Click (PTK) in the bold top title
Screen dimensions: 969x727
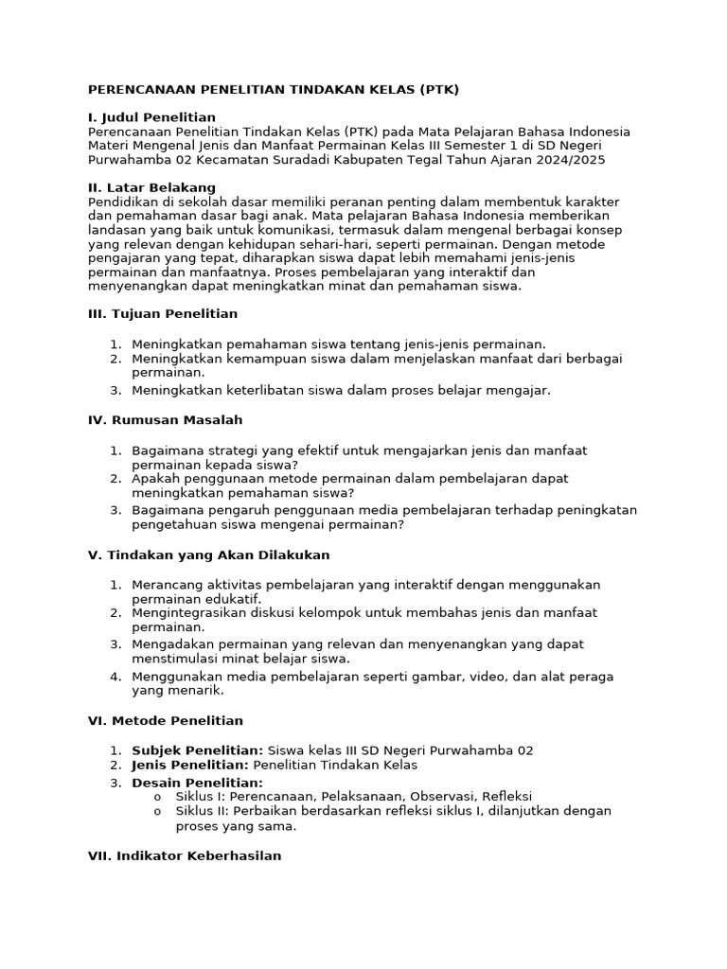click(x=438, y=90)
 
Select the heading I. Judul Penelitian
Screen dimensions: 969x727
click(x=151, y=117)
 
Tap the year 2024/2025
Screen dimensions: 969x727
click(x=568, y=160)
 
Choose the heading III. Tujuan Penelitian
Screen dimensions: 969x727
click(x=163, y=313)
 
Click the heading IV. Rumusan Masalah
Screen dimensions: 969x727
click(x=166, y=419)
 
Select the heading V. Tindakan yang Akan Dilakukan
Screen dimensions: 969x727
click(x=209, y=555)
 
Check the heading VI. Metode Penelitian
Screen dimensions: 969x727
click(x=166, y=720)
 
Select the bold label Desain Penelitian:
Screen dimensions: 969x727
click(x=197, y=783)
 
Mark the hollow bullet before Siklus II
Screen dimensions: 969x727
click(x=157, y=812)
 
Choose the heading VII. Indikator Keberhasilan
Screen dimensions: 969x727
click(x=185, y=855)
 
